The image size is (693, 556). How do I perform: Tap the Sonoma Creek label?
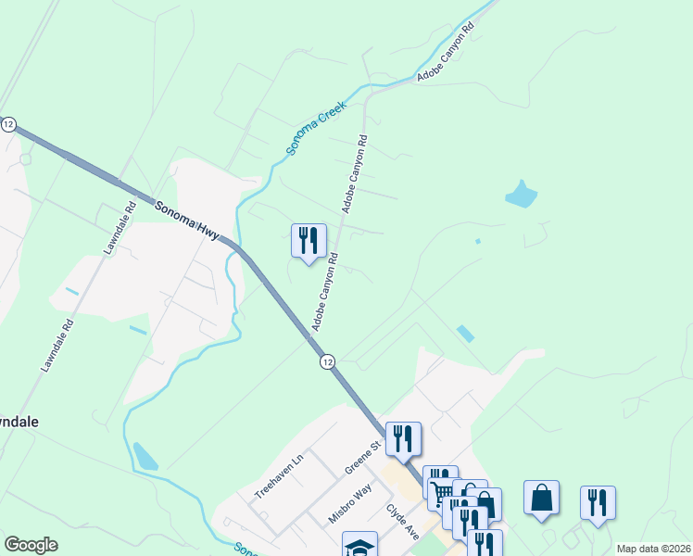click(x=316, y=128)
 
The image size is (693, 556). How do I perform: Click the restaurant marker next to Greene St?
click(x=403, y=438)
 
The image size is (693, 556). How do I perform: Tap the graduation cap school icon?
click(x=359, y=546)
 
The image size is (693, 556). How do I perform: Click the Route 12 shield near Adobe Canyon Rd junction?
click(x=327, y=362)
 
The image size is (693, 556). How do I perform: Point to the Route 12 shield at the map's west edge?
click(x=8, y=124)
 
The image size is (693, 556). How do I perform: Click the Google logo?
click(x=31, y=545)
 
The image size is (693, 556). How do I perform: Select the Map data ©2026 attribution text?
click(x=653, y=549)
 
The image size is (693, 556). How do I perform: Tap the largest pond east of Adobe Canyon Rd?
click(x=521, y=195)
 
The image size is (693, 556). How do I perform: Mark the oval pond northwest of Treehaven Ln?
click(x=145, y=456)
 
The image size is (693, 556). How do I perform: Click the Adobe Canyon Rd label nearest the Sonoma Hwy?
click(x=324, y=292)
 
